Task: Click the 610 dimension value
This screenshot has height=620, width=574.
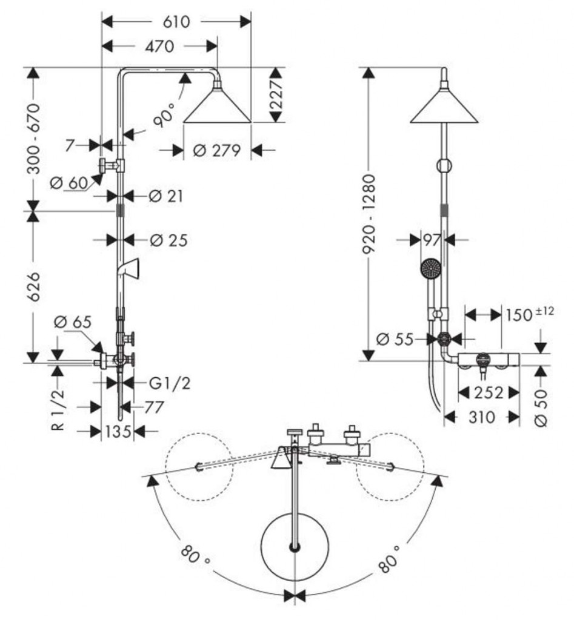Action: point(176,22)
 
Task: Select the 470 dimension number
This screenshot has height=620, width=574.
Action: point(159,47)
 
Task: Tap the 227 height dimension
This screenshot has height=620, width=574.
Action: point(276,95)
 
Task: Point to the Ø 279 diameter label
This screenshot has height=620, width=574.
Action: point(217,151)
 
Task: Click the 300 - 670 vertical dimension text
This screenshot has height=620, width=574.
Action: point(35,139)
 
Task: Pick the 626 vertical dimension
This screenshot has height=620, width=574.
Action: point(35,286)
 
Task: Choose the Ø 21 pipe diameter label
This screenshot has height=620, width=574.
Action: point(166,196)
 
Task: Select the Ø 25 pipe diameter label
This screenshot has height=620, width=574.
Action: point(169,240)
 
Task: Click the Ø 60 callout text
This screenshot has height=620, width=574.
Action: point(69,183)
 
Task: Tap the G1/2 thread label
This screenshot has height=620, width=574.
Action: point(170,383)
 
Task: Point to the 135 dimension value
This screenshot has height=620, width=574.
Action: point(118,431)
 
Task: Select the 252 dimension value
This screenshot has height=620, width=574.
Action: point(489,393)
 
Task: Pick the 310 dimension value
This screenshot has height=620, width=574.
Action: point(482,417)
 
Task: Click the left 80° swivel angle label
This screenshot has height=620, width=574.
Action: point(195,555)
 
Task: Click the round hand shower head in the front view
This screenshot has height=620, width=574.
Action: point(430,268)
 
